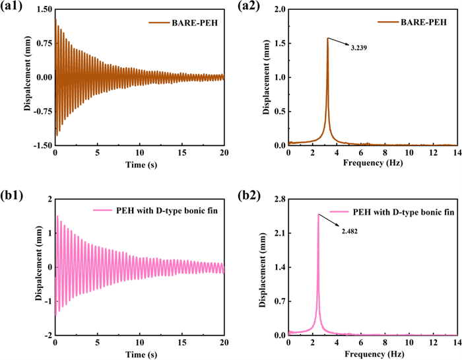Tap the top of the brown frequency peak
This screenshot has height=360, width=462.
click(327, 38)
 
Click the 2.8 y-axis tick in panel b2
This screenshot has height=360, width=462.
click(279, 198)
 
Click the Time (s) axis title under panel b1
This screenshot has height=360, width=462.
click(139, 354)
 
